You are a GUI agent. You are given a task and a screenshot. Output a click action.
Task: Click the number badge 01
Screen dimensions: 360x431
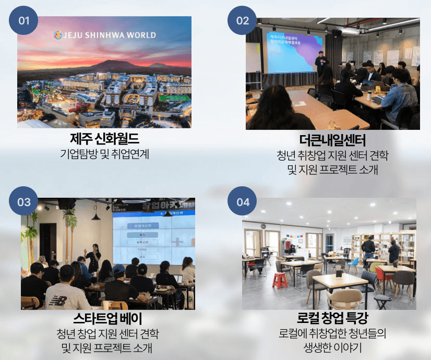click(x=24, y=21)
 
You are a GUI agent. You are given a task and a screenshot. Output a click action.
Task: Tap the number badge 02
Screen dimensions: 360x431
click(x=243, y=21)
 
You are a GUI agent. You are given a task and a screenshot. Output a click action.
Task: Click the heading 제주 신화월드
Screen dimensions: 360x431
click(x=104, y=140)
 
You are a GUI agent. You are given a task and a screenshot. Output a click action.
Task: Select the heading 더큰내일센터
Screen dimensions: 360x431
click(x=332, y=140)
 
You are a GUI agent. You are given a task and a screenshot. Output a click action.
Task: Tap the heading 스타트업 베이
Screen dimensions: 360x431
click(x=108, y=318)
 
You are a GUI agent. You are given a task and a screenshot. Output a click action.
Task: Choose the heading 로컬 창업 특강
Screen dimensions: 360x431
click(x=332, y=318)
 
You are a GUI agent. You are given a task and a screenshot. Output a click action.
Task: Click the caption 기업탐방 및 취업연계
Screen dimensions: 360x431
click(x=104, y=155)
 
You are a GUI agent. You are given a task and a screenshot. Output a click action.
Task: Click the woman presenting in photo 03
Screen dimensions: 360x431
click(x=94, y=256)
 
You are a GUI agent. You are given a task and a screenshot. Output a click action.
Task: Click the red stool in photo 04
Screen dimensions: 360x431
click(x=280, y=281)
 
